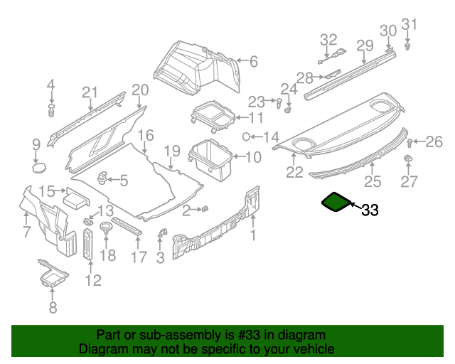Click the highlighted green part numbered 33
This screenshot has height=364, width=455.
pos(336,202)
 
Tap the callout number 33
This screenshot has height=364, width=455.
pos(370,210)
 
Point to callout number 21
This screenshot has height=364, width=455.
pos(89,92)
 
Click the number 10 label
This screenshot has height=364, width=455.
pos(253,158)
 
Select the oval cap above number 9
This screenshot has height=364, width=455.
pos(38,167)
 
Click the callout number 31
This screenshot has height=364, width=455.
pos(407,26)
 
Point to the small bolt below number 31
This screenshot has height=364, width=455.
pos(408,46)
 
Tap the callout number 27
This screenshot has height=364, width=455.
pos(409,181)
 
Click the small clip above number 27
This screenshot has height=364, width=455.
pos(409,158)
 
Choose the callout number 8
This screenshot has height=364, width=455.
pos(52,308)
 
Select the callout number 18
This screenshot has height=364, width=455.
pos(107,256)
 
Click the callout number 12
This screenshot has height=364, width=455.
pos(93,280)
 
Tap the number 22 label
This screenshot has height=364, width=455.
pos(294,171)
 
